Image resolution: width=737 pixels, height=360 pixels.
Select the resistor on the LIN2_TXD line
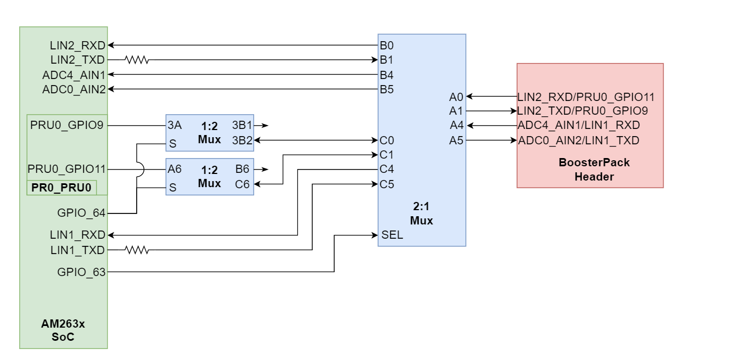point(137,60)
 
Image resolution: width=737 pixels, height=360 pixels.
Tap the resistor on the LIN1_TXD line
point(137,250)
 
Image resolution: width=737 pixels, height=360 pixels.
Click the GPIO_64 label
point(81,213)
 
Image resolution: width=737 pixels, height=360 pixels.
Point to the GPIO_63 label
point(81,272)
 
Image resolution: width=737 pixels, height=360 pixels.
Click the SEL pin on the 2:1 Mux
point(392,235)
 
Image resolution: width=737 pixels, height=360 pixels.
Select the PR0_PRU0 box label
point(61,188)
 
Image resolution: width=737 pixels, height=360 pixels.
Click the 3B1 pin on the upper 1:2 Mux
point(242,126)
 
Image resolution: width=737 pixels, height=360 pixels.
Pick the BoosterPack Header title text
point(590,170)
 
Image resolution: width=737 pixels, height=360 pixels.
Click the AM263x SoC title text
point(63,330)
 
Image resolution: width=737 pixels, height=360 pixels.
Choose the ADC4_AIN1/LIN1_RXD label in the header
point(578,126)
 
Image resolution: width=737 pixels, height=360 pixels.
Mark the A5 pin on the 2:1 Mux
point(457,140)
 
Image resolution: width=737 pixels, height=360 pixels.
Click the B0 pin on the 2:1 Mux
point(386,45)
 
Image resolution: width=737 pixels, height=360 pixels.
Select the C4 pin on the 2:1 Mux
point(386,169)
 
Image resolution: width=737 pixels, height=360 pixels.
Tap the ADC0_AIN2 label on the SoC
point(74,89)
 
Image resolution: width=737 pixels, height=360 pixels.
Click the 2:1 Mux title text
point(421,215)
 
